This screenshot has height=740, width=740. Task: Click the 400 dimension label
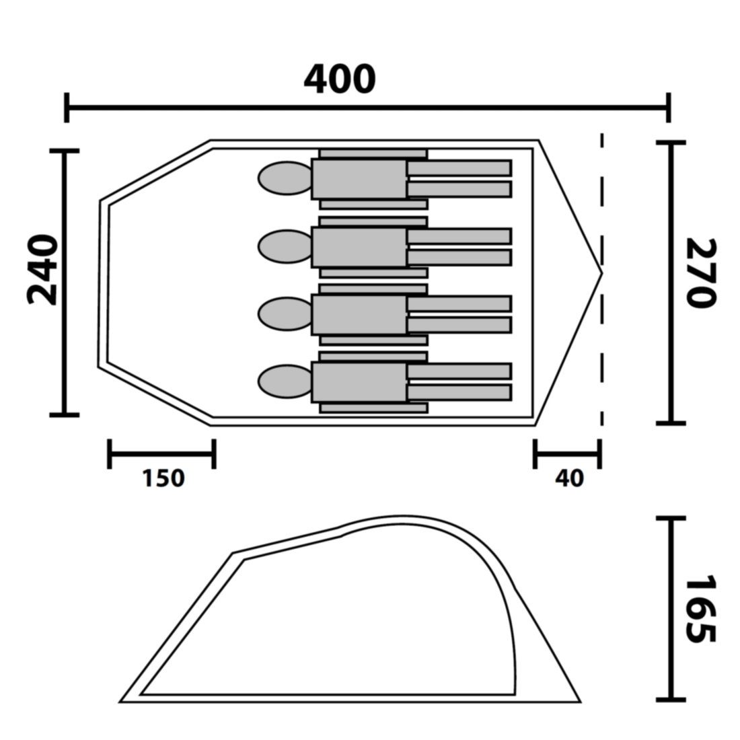click(340, 79)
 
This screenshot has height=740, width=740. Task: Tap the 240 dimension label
click(43, 270)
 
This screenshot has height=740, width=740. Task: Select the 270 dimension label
click(701, 273)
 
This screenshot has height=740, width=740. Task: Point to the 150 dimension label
click(163, 478)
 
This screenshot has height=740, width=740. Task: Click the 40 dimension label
click(570, 478)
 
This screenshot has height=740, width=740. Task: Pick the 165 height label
click(701, 609)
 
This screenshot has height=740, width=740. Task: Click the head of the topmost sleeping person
click(285, 178)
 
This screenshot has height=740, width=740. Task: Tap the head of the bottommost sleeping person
click(285, 381)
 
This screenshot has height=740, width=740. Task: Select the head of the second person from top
click(285, 246)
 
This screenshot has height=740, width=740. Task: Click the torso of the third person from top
click(359, 314)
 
